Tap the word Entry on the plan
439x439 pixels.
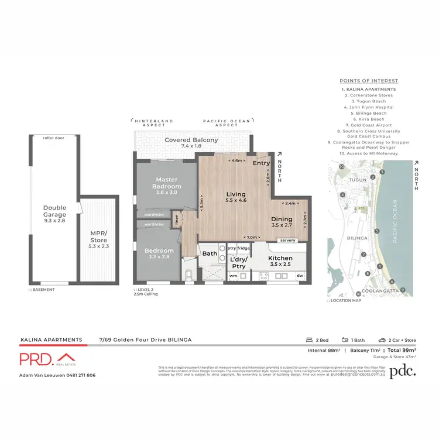(262, 163)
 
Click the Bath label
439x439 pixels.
(210, 253)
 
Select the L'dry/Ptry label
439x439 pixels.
(238, 262)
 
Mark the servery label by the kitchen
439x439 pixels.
(287, 241)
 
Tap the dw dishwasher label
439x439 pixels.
(300, 275)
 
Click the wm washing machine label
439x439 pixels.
(233, 275)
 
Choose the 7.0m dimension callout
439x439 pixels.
(253, 237)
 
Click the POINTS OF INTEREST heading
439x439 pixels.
(369, 81)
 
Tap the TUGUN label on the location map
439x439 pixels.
(356, 180)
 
